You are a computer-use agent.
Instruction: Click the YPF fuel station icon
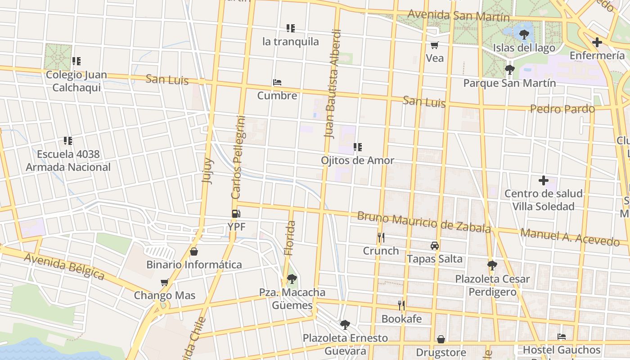(236, 214)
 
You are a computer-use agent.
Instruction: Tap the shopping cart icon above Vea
(434, 45)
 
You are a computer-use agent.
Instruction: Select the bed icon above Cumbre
(277, 82)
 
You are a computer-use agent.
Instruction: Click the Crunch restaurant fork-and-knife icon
(381, 237)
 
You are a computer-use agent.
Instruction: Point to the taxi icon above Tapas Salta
(434, 246)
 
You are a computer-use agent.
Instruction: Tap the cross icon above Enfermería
(597, 42)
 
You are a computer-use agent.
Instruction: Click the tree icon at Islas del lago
(524, 34)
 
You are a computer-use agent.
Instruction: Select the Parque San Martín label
(509, 83)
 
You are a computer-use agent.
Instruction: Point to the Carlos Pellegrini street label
(238, 157)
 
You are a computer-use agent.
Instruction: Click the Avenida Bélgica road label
(64, 266)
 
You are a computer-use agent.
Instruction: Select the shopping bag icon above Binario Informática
(194, 251)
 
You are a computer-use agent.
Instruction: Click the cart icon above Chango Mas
(165, 282)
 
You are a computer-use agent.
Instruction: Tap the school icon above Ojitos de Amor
(358, 147)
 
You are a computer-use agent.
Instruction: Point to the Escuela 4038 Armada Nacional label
(68, 161)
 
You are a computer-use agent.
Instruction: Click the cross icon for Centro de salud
(543, 180)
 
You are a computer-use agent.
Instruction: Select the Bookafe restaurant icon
(401, 306)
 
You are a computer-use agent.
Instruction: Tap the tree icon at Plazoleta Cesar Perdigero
(492, 265)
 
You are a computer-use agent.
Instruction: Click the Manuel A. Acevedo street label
(570, 237)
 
